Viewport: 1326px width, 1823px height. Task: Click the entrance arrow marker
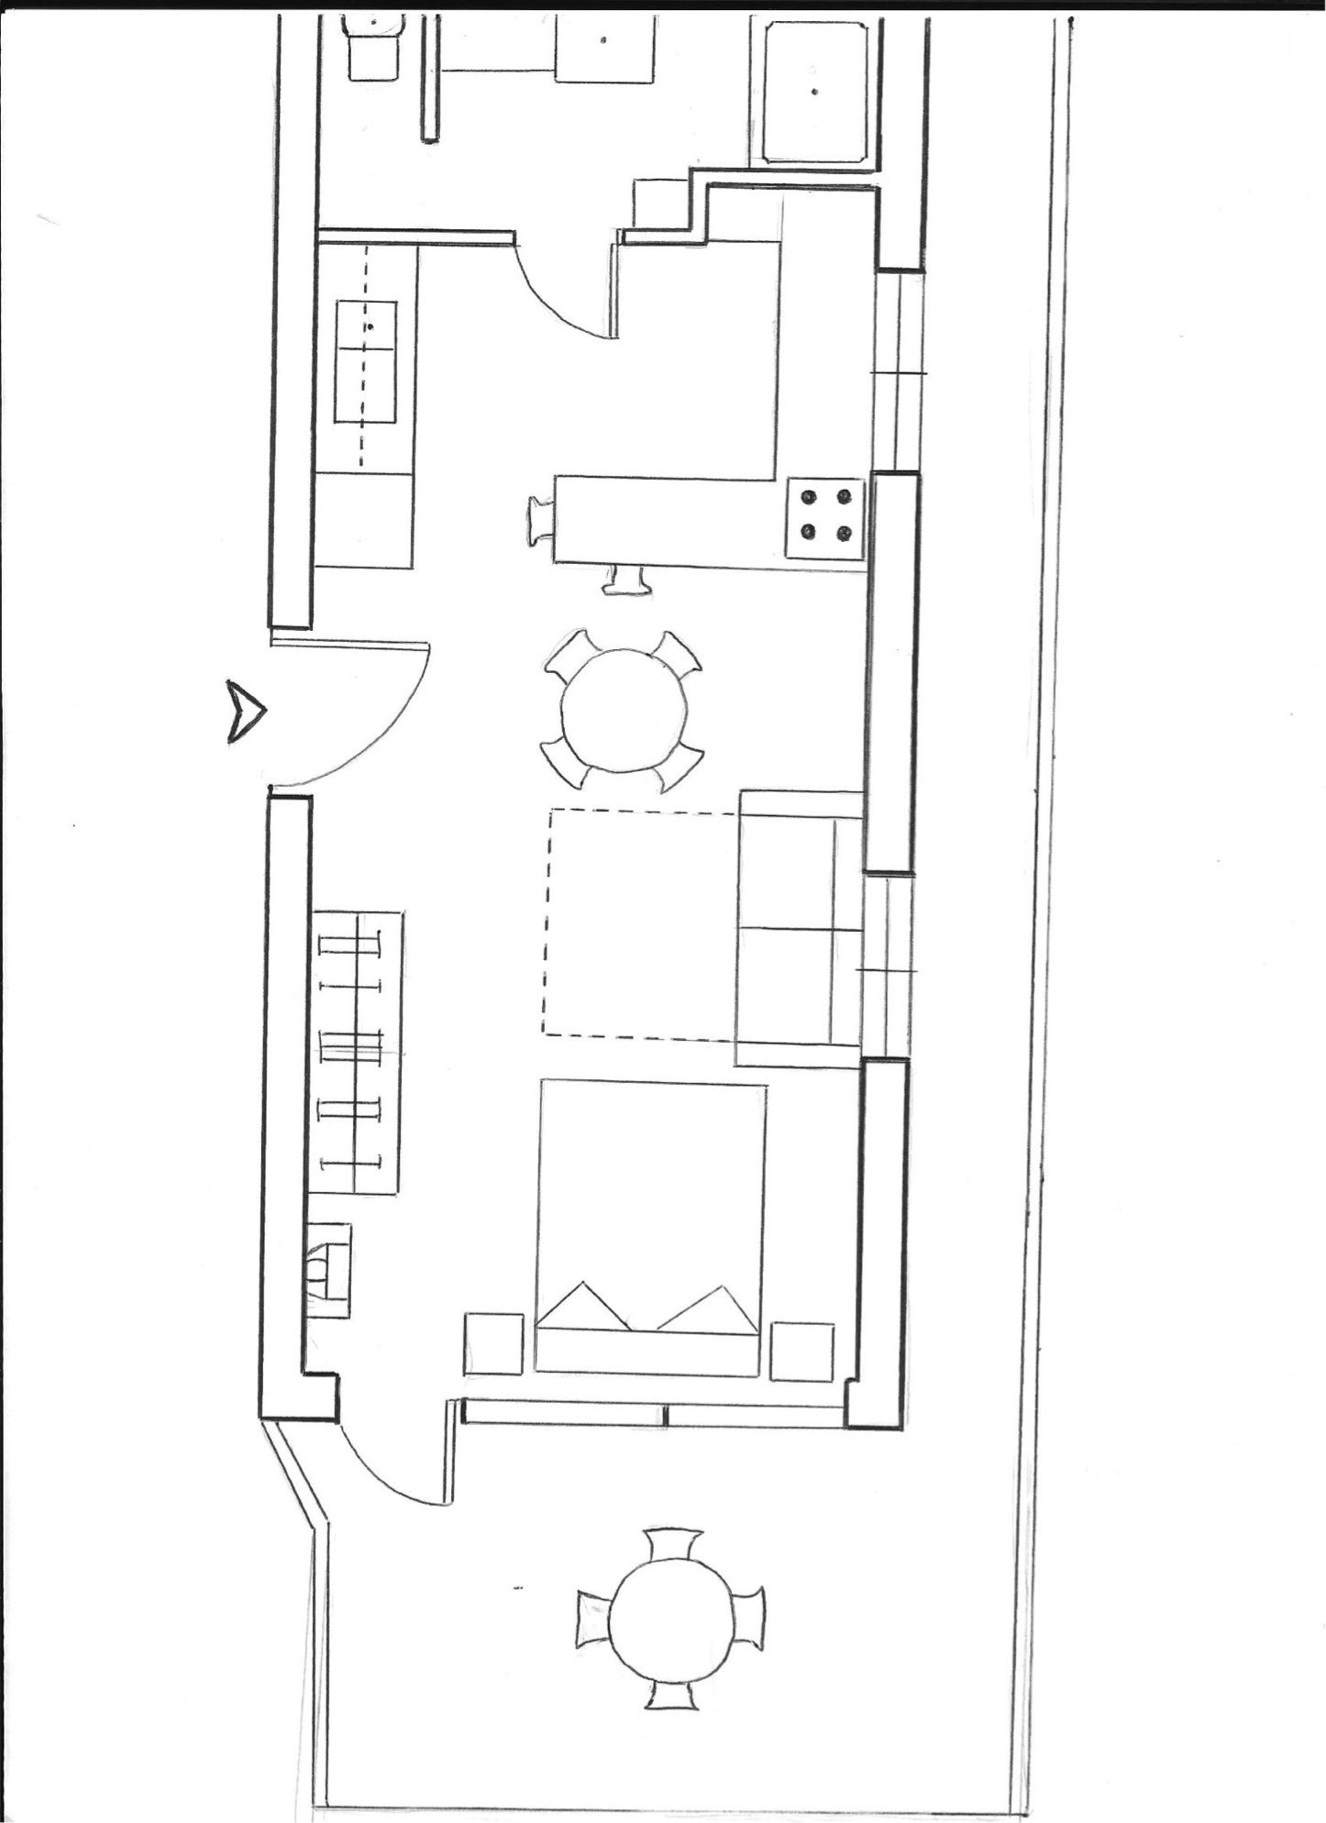coord(246,712)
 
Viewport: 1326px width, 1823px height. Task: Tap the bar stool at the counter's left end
coord(539,522)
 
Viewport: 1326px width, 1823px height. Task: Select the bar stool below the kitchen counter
coord(628,581)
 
